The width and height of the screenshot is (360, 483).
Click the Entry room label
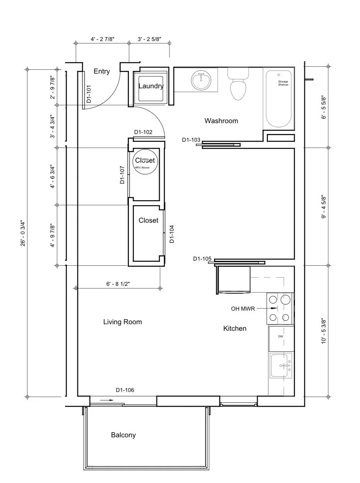click(x=102, y=71)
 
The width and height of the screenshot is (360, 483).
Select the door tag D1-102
click(x=143, y=132)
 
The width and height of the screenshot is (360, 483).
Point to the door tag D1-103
click(x=191, y=140)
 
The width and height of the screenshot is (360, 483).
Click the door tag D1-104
click(x=172, y=234)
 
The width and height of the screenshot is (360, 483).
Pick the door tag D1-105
click(x=202, y=259)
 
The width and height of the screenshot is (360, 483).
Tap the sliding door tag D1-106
click(x=125, y=390)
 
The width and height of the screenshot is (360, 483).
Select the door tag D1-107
click(x=122, y=175)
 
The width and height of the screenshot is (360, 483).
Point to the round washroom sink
click(x=201, y=80)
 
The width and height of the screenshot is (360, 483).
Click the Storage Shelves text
click(x=283, y=83)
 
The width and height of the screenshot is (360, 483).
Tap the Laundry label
click(x=151, y=86)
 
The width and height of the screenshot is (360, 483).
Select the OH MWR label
click(x=243, y=309)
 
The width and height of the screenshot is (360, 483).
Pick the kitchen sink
click(x=281, y=365)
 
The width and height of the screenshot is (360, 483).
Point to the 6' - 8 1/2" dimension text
click(x=118, y=284)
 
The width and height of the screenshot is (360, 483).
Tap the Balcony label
click(x=123, y=435)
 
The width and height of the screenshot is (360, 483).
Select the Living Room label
click(x=123, y=322)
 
